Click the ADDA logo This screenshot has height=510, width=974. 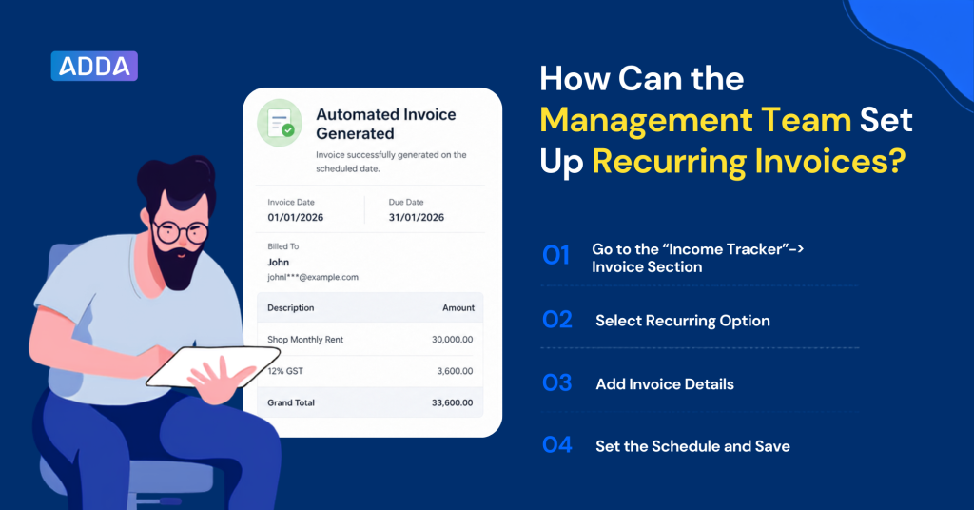point(94,66)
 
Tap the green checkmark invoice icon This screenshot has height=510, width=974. point(280,123)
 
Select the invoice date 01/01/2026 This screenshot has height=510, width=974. point(296,218)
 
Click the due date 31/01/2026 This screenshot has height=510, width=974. point(417,218)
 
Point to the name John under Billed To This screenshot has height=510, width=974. point(279,263)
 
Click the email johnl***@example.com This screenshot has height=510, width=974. point(313,277)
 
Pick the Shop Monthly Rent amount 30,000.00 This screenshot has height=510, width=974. point(452,339)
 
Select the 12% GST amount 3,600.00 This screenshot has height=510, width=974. point(455,371)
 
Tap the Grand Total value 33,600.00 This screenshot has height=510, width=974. point(452,402)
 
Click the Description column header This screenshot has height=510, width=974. point(291,307)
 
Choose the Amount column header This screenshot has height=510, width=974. point(458,307)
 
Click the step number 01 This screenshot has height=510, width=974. point(555,255)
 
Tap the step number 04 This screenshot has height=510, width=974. point(557,444)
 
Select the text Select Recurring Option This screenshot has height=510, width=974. point(683,321)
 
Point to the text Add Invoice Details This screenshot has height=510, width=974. point(665,383)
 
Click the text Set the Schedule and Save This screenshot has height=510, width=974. point(692,446)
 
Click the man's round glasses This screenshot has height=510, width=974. point(181,232)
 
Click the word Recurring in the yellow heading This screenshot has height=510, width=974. point(670,162)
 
